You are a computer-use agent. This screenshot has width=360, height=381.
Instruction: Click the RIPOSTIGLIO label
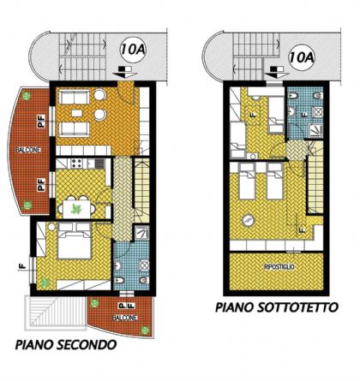[x=279, y=267]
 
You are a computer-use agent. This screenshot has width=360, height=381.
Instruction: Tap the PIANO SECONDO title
[x=66, y=344]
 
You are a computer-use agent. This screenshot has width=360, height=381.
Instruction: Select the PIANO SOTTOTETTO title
[x=277, y=307]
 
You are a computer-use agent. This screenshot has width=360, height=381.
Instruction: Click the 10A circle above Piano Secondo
[x=133, y=50]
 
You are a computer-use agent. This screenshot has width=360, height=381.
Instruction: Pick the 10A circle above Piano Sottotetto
[x=302, y=57]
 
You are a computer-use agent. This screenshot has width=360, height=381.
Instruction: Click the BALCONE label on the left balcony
[x=28, y=150]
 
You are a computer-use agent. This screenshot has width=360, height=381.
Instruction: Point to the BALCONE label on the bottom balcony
[x=125, y=318]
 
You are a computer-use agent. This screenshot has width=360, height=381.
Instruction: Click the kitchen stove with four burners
[x=76, y=164]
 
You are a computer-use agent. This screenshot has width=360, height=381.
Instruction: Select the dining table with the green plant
[x=76, y=209]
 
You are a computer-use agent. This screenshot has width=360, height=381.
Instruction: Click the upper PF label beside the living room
[x=42, y=122]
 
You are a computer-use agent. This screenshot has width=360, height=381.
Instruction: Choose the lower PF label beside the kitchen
[x=42, y=184]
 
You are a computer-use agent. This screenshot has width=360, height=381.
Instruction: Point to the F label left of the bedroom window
[x=22, y=266]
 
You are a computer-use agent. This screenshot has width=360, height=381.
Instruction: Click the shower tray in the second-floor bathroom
[x=141, y=233]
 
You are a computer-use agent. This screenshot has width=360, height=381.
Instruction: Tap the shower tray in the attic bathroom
[x=315, y=131]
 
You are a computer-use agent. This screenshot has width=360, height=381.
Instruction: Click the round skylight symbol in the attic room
[x=248, y=220]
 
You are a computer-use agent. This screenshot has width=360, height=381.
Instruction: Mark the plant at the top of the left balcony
[x=27, y=96]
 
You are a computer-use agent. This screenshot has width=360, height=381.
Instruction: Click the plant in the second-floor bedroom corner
[x=44, y=283]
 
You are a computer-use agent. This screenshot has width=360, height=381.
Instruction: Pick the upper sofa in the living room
[x=75, y=98]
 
